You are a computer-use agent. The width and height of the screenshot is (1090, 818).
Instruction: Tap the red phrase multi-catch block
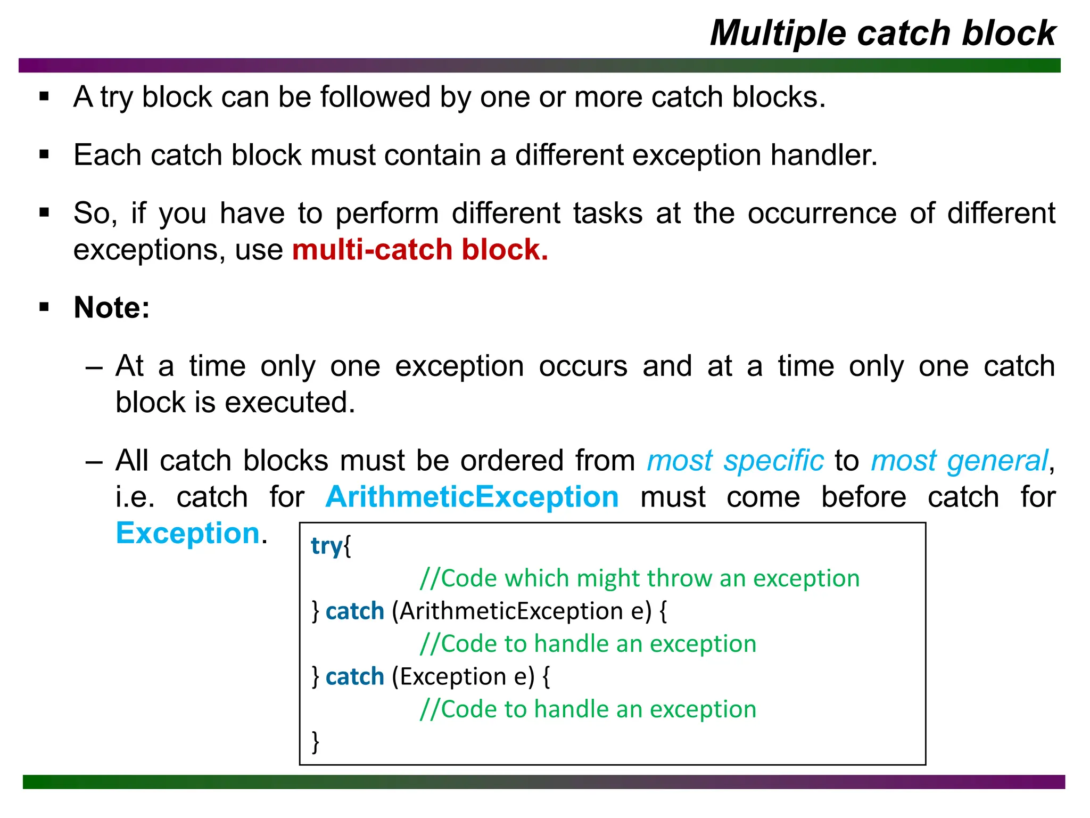[x=420, y=250]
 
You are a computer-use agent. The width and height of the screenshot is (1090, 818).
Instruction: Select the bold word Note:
[x=112, y=308]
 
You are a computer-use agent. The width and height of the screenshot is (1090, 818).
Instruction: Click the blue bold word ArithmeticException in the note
[x=472, y=497]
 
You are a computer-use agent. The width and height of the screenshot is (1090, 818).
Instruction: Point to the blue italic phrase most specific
[x=735, y=461]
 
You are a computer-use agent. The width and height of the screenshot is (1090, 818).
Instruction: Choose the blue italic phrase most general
[x=959, y=461]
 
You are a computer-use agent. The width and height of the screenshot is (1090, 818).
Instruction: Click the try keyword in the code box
[x=326, y=546]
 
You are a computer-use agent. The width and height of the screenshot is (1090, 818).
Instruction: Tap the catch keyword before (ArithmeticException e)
[x=354, y=611]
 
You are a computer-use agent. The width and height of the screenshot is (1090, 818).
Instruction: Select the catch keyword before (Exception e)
[x=354, y=677]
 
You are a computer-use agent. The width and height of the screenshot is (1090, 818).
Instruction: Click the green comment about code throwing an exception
[x=639, y=578]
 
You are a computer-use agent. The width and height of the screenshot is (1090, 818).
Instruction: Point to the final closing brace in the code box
[x=316, y=741]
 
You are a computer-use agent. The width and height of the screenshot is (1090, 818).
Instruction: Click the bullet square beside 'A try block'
[x=44, y=97]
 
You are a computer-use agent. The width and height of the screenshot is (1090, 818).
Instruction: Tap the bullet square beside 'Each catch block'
[x=44, y=155]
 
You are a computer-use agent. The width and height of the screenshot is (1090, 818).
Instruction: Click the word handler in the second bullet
[x=823, y=156]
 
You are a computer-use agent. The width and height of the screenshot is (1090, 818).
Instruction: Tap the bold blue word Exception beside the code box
[x=188, y=533]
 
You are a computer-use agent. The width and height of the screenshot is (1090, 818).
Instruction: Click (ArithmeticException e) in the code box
[x=522, y=611]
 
